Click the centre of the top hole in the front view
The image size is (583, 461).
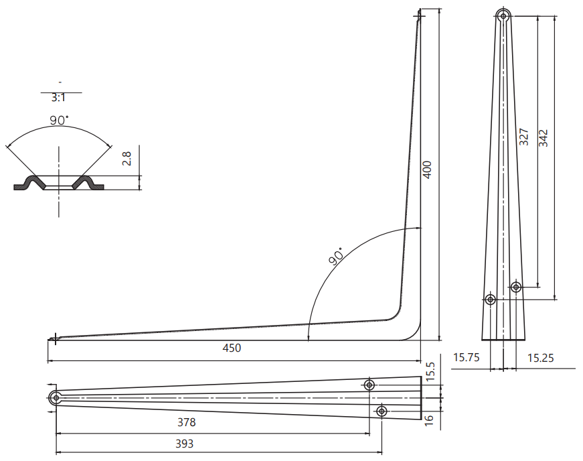(503, 16)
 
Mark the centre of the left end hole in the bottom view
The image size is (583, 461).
(56, 398)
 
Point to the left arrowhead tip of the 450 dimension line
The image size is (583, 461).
(48, 360)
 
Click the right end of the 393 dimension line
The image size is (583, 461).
(382, 452)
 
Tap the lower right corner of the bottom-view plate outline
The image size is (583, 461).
(421, 419)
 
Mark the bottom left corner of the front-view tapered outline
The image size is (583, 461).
(482, 340)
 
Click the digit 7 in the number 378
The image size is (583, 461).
(187, 422)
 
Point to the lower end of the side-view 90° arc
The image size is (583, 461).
(308, 340)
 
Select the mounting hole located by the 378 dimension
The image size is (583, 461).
(369, 385)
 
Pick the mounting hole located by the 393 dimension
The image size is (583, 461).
(382, 411)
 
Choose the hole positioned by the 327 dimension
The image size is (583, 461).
(515, 287)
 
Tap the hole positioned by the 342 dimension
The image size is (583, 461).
(491, 299)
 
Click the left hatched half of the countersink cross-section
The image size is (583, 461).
(29, 184)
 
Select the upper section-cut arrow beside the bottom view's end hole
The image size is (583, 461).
(52, 385)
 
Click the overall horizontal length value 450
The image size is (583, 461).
(232, 348)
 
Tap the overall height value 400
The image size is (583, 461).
(428, 170)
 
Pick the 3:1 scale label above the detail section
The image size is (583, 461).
(58, 98)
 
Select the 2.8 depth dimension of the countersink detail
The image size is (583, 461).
(127, 158)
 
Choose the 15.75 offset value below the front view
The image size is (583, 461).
(467, 358)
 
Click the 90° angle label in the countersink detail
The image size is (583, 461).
(60, 120)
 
